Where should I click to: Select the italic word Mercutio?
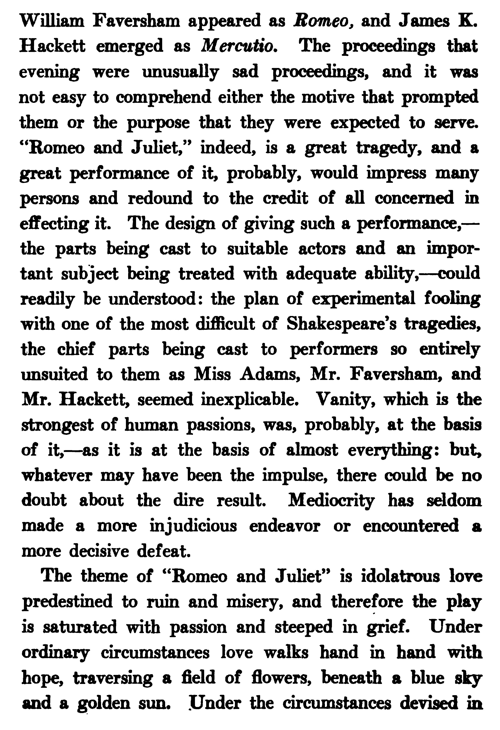tap(239, 46)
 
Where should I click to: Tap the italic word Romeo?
tap(323, 21)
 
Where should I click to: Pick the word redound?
tap(160, 198)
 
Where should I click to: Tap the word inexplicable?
tap(249, 400)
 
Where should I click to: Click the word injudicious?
tap(193, 526)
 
